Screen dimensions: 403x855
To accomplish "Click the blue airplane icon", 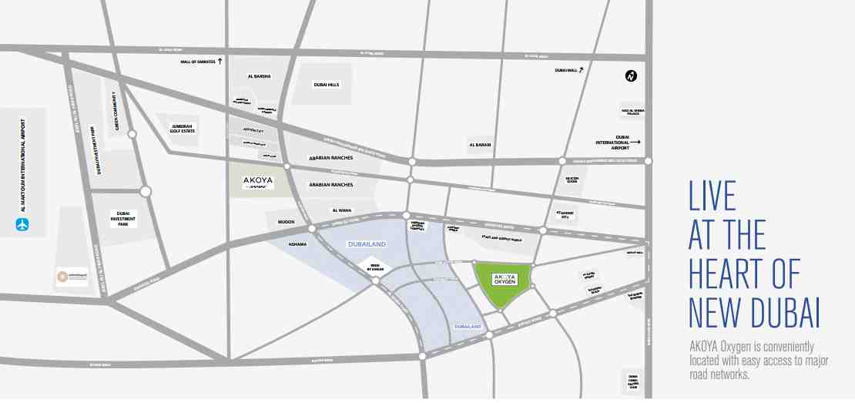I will tap(23, 225).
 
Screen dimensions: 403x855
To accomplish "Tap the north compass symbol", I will tap(631, 76).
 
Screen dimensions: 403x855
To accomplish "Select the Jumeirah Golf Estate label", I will tap(183, 128).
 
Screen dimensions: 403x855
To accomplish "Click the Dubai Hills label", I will tap(327, 85).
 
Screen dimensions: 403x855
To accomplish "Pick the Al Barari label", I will tap(481, 144).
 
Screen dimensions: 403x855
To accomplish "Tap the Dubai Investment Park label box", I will tap(122, 219).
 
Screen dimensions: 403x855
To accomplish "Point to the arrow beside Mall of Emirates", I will tap(220, 60).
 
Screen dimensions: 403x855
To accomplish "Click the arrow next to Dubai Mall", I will tap(582, 70).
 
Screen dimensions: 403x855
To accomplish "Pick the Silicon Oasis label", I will tap(572, 179).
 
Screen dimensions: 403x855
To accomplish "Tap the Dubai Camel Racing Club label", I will tap(634, 382).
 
